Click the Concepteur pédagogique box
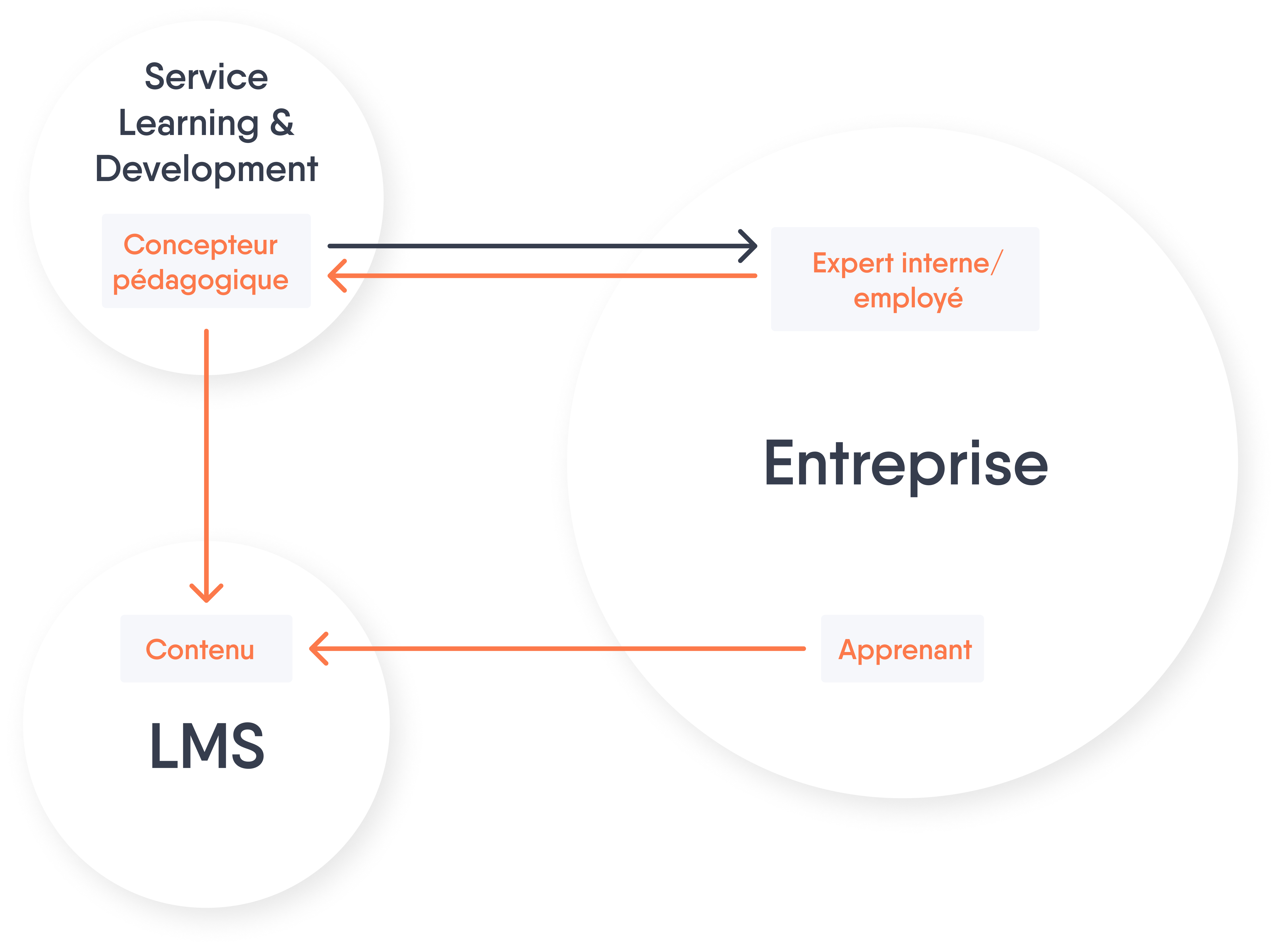(206, 261)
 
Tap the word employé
(908, 299)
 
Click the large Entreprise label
(906, 464)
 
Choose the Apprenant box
(902, 649)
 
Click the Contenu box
(206, 649)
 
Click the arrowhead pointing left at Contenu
(319, 649)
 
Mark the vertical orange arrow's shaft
(206, 465)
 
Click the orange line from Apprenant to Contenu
(557, 649)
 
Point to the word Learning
(189, 124)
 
